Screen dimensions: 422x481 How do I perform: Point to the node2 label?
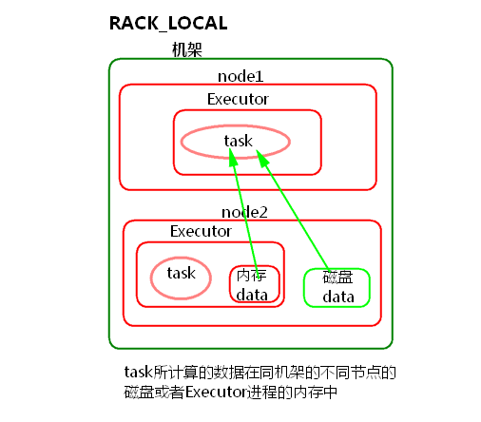tap(244, 211)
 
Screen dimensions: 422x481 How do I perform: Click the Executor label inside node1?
tap(238, 98)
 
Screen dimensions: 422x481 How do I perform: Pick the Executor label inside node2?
tap(201, 231)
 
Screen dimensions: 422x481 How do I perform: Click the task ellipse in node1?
tap(236, 141)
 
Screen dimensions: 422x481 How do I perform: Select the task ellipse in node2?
tap(182, 274)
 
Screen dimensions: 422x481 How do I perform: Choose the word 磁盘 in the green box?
tap(337, 278)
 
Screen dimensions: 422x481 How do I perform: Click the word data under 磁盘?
tap(337, 297)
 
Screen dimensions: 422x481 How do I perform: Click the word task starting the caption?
tap(139, 373)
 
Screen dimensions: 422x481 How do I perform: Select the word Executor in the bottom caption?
tap(215, 392)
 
